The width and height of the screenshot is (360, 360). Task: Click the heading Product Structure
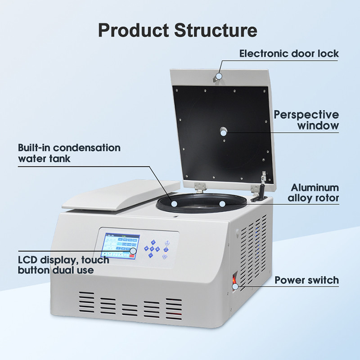[178, 30]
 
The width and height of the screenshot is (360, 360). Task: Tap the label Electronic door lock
[289, 54]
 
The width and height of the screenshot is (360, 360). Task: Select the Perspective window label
[306, 120]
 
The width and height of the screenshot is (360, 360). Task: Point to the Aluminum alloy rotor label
[315, 193]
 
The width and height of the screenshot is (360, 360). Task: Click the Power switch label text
[306, 280]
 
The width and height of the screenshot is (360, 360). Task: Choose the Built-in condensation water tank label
[69, 153]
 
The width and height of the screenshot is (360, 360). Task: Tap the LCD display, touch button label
[63, 265]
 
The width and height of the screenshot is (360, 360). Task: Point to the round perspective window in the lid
[224, 131]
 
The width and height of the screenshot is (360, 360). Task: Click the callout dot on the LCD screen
[133, 251]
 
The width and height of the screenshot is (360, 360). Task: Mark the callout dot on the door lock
[219, 76]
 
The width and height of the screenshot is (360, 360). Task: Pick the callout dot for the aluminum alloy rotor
[222, 203]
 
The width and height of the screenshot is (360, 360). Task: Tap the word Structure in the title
[216, 30]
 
